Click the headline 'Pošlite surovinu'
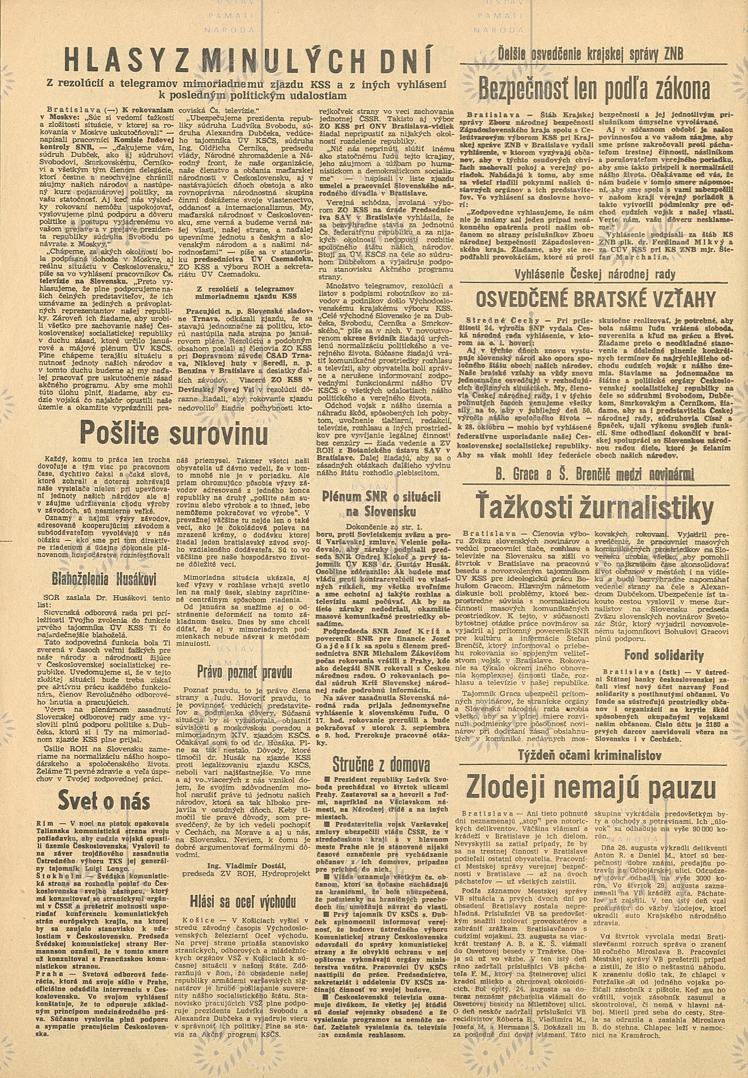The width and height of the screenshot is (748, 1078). click(x=173, y=432)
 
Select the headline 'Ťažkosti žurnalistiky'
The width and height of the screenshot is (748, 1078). click(x=592, y=507)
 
